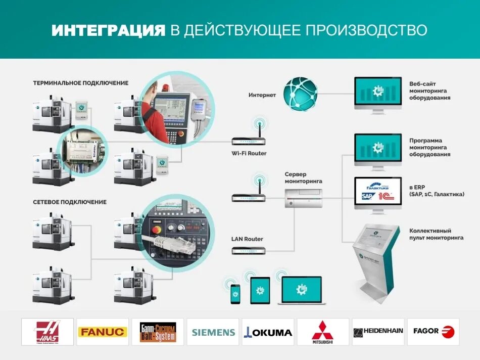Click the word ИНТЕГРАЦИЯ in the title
click(109, 30)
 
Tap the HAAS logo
click(47, 332)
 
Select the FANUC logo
click(102, 332)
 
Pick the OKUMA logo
click(268, 332)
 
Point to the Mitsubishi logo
click(323, 332)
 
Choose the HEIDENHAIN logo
click(378, 332)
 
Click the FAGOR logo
click(433, 332)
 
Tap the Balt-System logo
click(158, 332)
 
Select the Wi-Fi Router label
click(249, 153)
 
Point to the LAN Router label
click(247, 239)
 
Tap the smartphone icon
click(235, 294)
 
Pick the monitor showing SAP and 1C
click(377, 192)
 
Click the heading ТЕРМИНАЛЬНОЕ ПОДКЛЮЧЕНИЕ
click(81, 83)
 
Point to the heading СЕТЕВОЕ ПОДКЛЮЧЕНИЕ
click(70, 202)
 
